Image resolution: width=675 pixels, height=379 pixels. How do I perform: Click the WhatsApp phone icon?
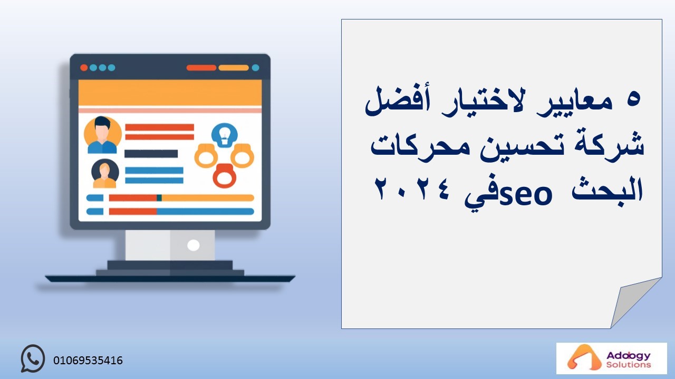pos(33,358)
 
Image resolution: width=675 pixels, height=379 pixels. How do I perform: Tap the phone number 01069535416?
pos(88,361)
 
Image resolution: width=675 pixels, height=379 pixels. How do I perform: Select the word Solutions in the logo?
pos(629,365)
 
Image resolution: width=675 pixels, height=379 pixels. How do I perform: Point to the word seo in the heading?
pos(526,195)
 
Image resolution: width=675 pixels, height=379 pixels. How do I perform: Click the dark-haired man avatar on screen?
pos(102,135)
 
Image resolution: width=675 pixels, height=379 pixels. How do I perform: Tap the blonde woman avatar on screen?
pos(105,174)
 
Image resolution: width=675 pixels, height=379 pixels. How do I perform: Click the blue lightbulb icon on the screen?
pos(225,135)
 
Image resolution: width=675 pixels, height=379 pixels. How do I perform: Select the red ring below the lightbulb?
pos(225,176)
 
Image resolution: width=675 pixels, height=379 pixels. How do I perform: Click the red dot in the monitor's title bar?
pos(84,68)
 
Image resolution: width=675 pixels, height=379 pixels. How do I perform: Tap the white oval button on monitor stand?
pos(194,245)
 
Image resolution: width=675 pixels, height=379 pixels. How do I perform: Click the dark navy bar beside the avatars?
pos(151,154)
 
